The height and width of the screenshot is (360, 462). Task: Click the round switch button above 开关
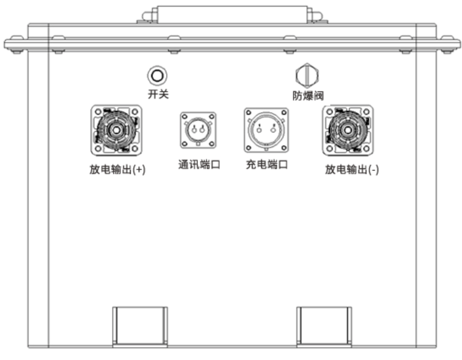157,76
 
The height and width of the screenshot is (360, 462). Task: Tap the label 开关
158,94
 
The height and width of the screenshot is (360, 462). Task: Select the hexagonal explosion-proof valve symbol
307,76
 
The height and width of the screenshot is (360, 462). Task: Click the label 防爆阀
308,95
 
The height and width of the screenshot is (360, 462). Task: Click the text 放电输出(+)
117,170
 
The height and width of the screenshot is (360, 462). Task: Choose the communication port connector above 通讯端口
198,130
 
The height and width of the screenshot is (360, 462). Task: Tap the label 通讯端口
199,165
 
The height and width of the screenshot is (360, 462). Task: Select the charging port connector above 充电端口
266,130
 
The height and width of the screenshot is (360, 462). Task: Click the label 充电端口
267,165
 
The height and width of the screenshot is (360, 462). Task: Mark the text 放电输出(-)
352,170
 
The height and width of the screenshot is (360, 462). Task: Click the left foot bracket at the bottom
140,325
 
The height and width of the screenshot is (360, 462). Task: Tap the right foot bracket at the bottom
324,325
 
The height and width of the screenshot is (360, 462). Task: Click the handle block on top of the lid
231,14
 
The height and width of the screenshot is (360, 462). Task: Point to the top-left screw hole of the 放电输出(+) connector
98,112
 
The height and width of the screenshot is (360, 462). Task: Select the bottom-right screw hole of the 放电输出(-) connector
366,148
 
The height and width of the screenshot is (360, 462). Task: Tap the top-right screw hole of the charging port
284,113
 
